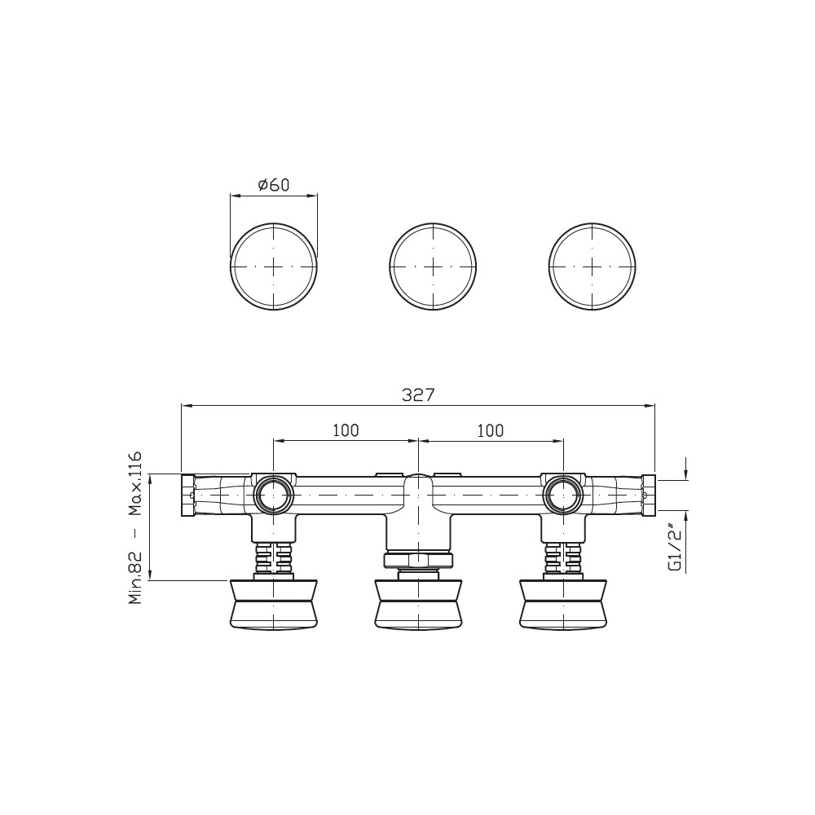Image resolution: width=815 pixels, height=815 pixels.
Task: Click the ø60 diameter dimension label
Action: click(x=273, y=184)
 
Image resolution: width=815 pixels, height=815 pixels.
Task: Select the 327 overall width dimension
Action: click(x=418, y=395)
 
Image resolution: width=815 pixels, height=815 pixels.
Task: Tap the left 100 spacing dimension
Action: click(x=346, y=430)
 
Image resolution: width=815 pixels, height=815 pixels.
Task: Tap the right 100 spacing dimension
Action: click(x=491, y=430)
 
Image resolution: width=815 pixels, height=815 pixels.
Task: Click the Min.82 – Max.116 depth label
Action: click(x=135, y=528)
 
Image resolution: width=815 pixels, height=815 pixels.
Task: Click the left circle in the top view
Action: click(x=273, y=267)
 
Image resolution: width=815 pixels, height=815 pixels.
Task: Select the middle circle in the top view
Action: click(x=433, y=267)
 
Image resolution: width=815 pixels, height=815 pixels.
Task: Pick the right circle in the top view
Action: click(x=592, y=267)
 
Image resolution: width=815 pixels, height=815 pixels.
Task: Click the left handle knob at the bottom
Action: click(x=273, y=604)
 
